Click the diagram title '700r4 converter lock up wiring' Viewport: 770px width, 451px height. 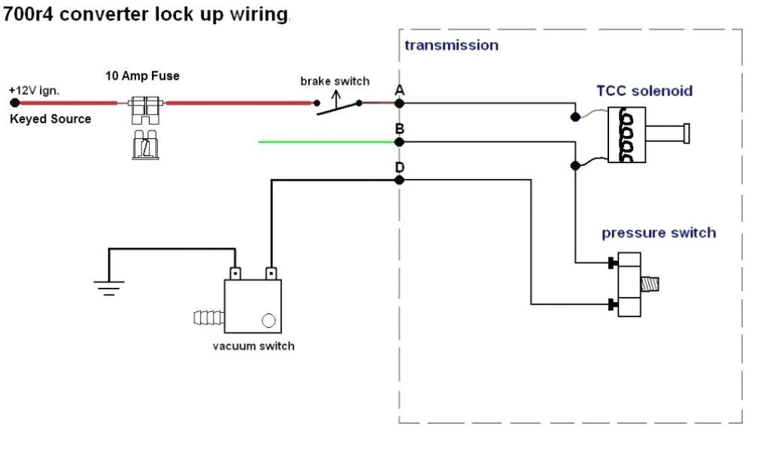[x=146, y=14]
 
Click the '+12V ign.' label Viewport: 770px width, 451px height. [x=35, y=91]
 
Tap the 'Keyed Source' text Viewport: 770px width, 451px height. [x=50, y=119]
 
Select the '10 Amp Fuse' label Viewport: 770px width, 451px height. [x=142, y=76]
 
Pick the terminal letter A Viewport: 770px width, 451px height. [x=399, y=90]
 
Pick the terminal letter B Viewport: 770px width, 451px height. [x=399, y=129]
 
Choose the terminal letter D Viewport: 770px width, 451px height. [x=399, y=167]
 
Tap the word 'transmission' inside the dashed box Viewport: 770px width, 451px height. [x=451, y=45]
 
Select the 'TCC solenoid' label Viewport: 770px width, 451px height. [x=644, y=91]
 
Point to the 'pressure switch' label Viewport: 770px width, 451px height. [x=658, y=233]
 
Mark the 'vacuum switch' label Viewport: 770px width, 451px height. [x=253, y=347]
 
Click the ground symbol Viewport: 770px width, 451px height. [x=108, y=286]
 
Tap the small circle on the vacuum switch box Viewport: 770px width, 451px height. [x=268, y=320]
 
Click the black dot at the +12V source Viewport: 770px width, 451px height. [x=14, y=103]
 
